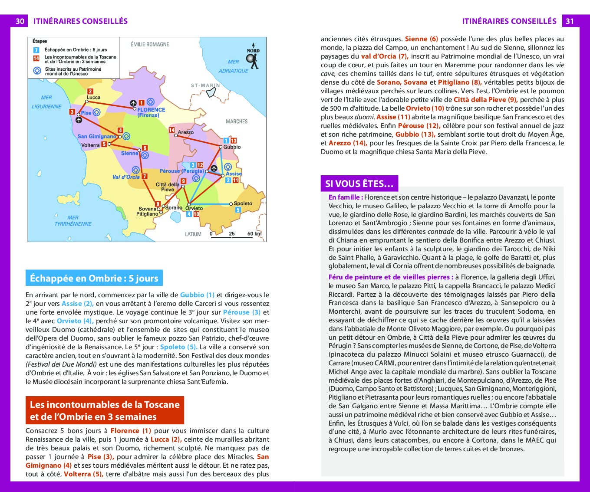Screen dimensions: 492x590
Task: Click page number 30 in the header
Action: [x=20, y=21]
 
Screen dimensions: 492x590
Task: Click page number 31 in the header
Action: [x=570, y=21]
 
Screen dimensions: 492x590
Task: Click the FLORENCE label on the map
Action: [x=151, y=110]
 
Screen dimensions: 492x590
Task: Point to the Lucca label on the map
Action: [x=93, y=98]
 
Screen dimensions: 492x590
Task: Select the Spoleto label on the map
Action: [x=243, y=203]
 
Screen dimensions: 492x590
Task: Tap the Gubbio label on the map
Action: [x=232, y=147]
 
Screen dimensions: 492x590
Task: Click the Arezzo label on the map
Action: [x=185, y=132]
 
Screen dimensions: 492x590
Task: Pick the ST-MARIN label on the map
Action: [x=205, y=85]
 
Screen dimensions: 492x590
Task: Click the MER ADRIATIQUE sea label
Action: [x=234, y=66]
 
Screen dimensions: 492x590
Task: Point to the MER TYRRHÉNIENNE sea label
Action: [x=73, y=221]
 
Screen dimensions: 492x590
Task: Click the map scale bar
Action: [x=235, y=236]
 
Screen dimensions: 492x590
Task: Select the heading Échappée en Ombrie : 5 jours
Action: [x=94, y=279]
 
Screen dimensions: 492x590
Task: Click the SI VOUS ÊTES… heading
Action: [x=359, y=184]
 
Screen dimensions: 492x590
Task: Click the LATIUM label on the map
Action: [x=193, y=234]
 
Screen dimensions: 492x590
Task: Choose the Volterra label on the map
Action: [x=90, y=145]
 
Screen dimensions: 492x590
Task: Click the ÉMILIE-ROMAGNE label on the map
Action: [x=150, y=44]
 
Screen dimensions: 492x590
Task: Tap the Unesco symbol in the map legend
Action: [x=36, y=71]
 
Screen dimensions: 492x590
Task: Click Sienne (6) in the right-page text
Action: [x=421, y=39]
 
